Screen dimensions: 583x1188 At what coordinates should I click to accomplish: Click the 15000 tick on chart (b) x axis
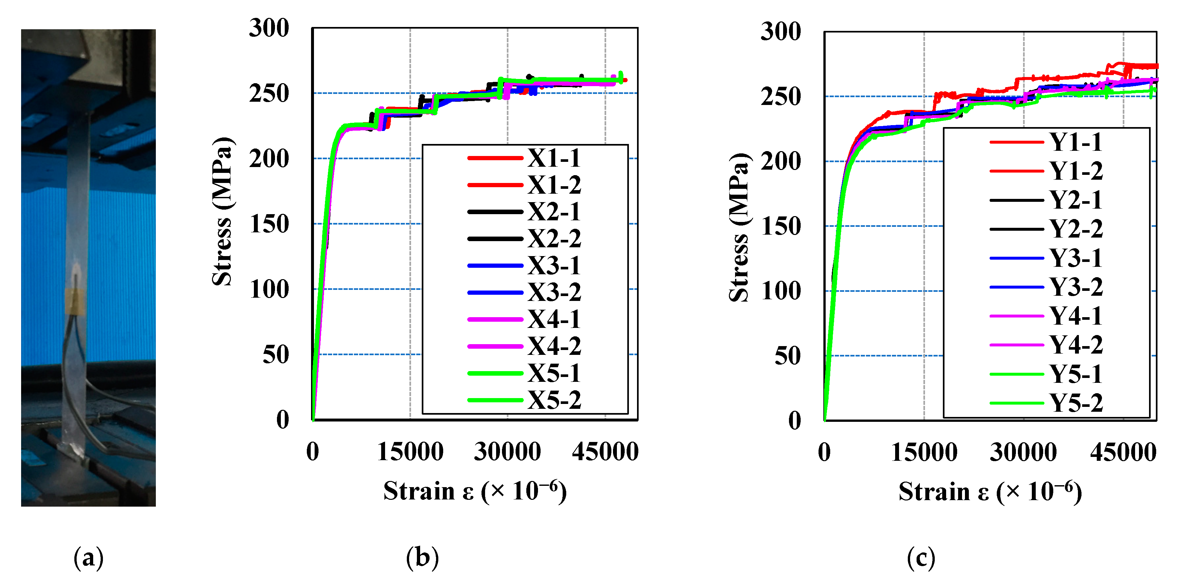tap(410, 451)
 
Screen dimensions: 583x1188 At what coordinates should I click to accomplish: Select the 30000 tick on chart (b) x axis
tap(507, 451)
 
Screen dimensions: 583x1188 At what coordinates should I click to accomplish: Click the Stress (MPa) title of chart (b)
tap(223, 212)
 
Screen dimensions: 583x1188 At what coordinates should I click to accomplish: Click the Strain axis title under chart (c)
tap(990, 492)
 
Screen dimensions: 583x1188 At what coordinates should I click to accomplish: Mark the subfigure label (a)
tap(89, 558)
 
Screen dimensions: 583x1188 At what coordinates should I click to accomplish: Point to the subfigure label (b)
tap(422, 558)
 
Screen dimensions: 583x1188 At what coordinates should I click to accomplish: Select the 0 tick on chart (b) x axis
tap(313, 451)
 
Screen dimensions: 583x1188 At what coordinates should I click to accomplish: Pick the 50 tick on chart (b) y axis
tap(275, 355)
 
